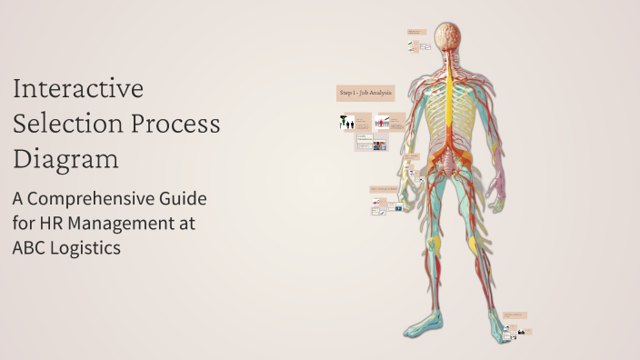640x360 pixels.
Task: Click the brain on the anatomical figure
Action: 447,37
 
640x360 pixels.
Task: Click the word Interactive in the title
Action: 78,89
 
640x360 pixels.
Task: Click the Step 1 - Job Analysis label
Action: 365,92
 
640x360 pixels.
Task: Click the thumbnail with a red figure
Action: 385,122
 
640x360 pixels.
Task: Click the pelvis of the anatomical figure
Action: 447,164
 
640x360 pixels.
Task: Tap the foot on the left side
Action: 420,325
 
